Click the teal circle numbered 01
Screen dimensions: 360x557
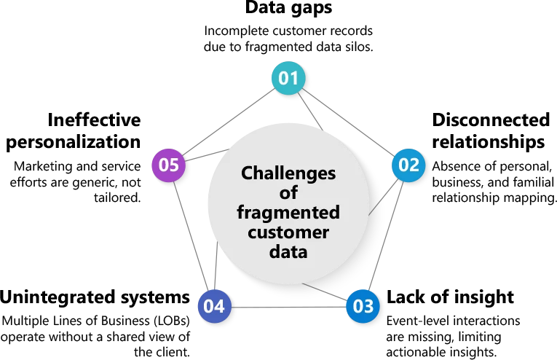tap(288, 78)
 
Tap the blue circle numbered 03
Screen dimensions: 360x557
tap(363, 306)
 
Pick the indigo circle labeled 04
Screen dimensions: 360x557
tap(215, 307)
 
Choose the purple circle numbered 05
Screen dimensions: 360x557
tap(169, 165)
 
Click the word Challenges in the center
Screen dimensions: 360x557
tap(288, 173)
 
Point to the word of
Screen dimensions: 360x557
tap(289, 193)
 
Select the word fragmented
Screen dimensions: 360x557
tap(288, 213)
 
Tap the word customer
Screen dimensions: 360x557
tap(288, 232)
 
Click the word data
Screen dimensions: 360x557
tap(289, 252)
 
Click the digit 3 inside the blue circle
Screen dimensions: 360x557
tap(368, 306)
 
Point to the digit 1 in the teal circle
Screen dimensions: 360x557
tap(295, 78)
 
